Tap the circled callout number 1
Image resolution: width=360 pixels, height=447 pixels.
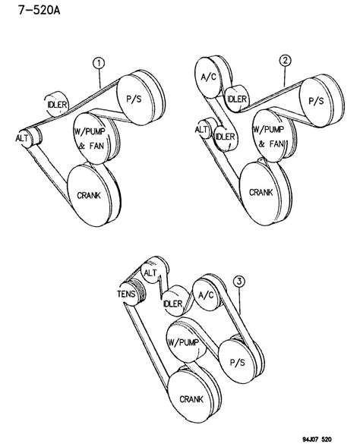tap(99, 65)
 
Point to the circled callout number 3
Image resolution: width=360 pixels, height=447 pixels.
tap(241, 282)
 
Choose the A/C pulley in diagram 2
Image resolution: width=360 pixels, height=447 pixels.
tap(210, 76)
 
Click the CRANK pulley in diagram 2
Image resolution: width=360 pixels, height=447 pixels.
tap(261, 193)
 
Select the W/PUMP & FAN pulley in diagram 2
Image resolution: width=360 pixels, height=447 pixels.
tap(267, 137)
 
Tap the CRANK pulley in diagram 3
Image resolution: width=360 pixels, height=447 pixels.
tap(190, 398)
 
